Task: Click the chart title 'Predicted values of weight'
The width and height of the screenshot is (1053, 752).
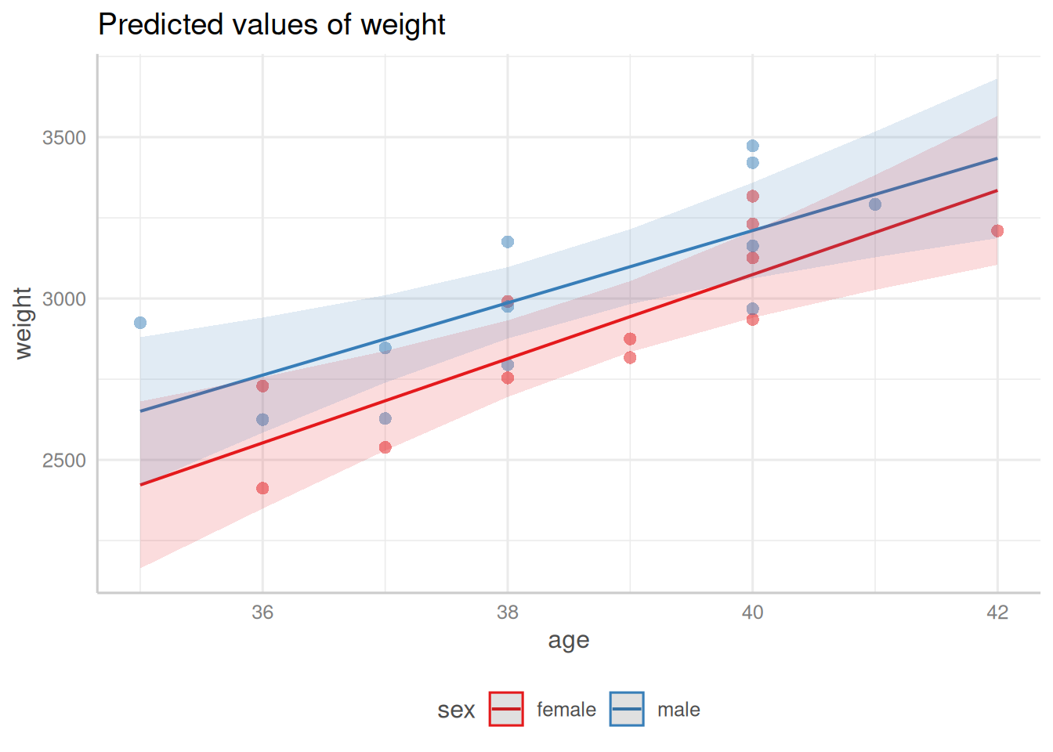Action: point(271,25)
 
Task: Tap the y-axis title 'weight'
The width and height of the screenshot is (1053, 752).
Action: point(24,323)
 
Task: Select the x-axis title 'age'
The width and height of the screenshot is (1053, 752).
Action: point(568,641)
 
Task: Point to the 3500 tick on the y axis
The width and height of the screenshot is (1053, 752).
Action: point(64,138)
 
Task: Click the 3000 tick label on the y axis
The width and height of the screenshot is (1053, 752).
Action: point(64,299)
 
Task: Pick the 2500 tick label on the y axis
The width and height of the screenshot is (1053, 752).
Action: point(64,461)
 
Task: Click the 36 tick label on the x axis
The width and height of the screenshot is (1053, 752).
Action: point(262,613)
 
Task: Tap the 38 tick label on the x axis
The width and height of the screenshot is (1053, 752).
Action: point(508,613)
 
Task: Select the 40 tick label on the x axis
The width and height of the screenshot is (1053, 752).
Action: point(752,613)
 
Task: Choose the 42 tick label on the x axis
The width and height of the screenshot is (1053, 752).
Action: point(997,613)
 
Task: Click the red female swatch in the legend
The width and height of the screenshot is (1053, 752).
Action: point(506,710)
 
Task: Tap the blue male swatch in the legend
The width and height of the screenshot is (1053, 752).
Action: point(627,710)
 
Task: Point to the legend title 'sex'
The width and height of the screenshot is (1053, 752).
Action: point(456,710)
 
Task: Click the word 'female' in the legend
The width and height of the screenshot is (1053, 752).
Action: point(566,710)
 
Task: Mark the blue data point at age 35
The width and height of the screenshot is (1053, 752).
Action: point(140,323)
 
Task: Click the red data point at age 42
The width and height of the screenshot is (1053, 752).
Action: point(997,231)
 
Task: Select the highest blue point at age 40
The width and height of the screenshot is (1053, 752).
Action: point(752,146)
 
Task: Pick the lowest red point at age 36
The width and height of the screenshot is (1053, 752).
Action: point(262,489)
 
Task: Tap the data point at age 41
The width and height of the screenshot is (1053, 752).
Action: point(875,204)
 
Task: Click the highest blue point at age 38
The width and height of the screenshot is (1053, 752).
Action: point(508,242)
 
